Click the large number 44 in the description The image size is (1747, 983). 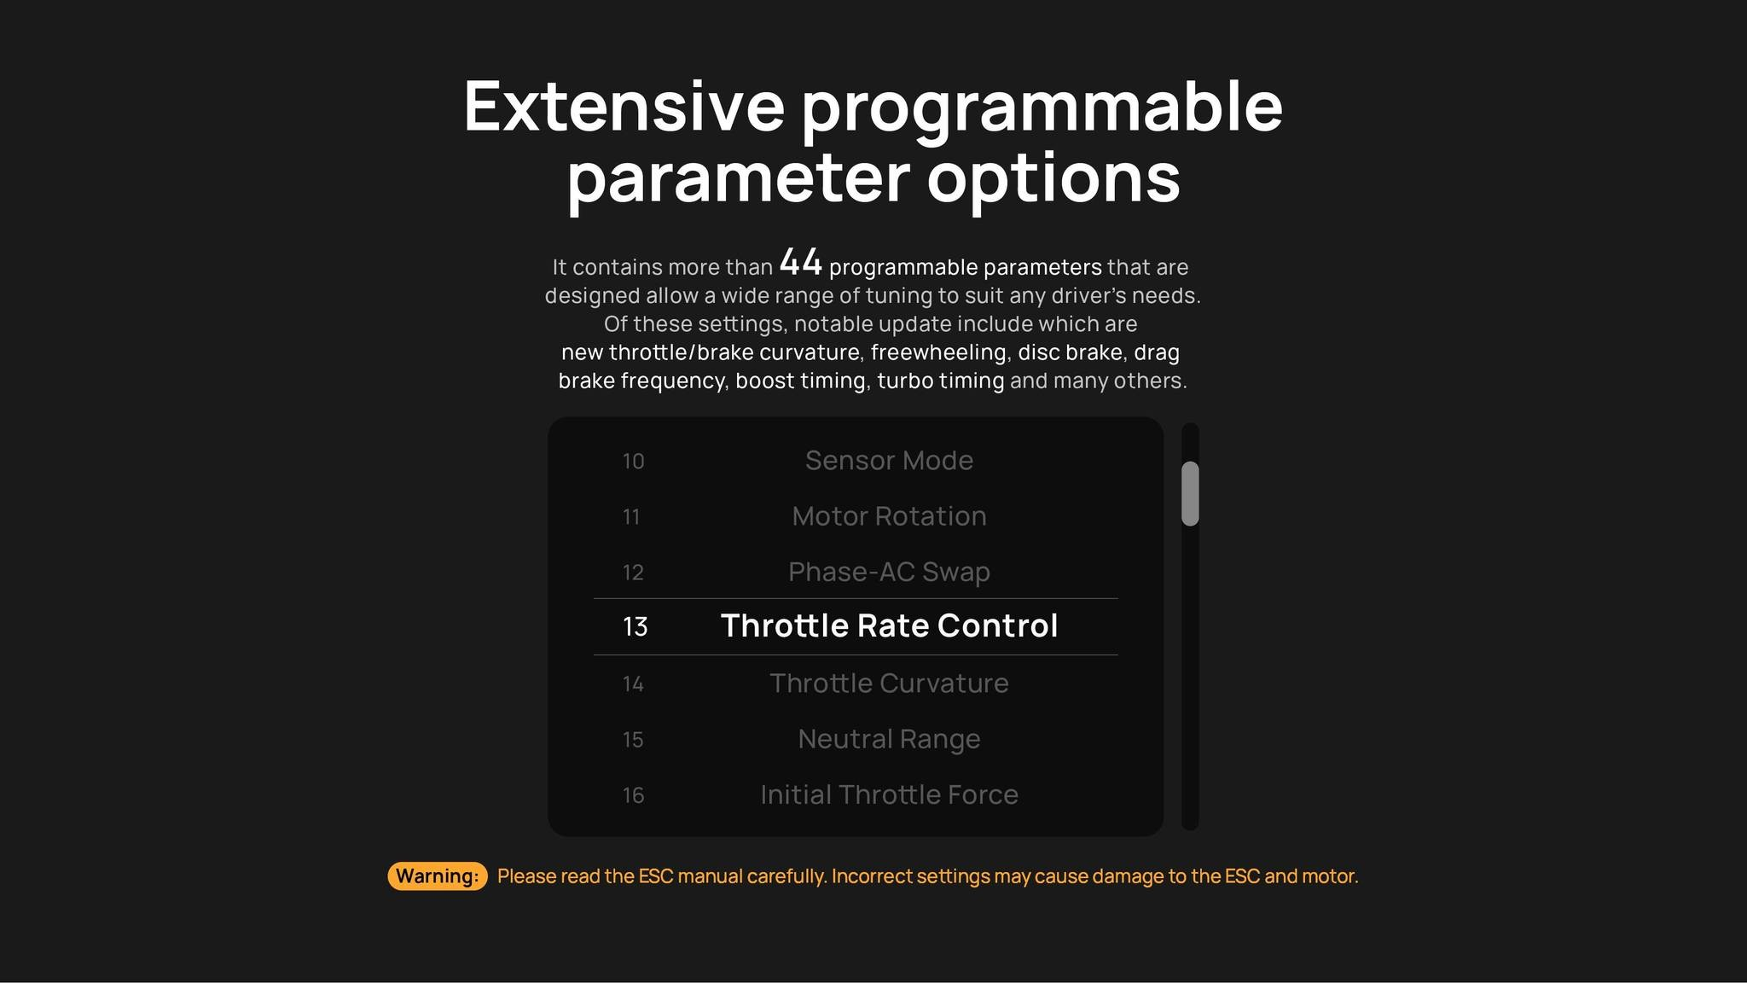(801, 262)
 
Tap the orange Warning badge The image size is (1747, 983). (438, 876)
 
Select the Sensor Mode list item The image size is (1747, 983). (889, 461)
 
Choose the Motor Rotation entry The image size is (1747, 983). (889, 516)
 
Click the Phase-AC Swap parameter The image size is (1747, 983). (889, 572)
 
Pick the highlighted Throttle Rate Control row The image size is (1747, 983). (889, 626)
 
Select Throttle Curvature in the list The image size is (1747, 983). (889, 683)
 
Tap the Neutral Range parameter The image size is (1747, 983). (889, 739)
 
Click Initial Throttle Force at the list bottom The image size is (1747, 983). (889, 794)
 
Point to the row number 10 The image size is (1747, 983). (633, 462)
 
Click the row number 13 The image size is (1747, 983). (636, 627)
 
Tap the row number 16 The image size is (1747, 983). (633, 795)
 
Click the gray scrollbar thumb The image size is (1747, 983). (1190, 493)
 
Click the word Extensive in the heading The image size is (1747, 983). (623, 107)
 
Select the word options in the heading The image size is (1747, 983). (1053, 178)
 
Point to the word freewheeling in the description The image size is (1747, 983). (938, 352)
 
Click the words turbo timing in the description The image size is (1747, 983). (941, 381)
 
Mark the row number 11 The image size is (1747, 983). (631, 517)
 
